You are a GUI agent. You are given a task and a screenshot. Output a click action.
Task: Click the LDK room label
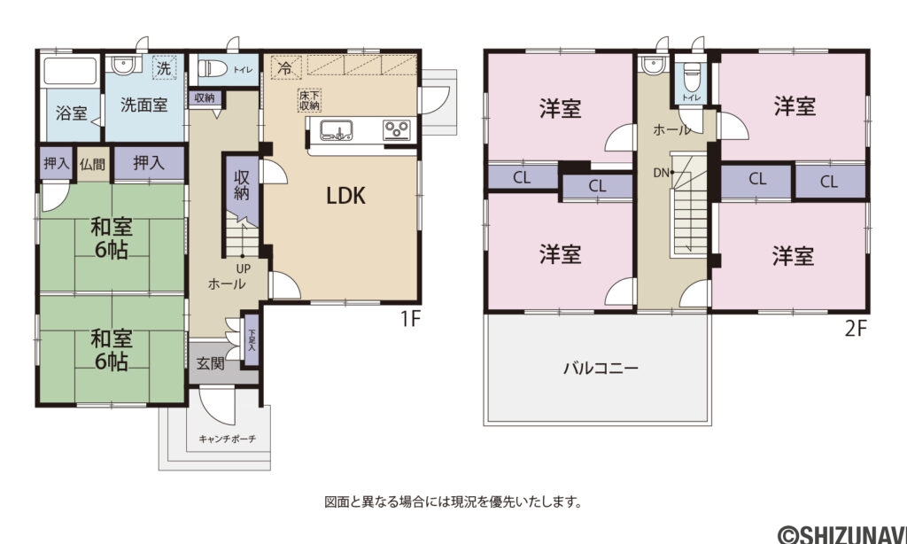tap(346, 197)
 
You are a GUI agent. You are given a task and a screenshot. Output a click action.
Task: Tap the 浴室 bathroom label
tap(72, 113)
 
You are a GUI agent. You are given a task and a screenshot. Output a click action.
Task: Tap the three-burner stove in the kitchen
tap(396, 130)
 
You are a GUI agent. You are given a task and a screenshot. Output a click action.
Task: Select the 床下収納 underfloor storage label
tap(309, 99)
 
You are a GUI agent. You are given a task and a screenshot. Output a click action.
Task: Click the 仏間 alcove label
tap(92, 163)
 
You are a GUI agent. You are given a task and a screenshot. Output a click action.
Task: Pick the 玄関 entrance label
tap(210, 363)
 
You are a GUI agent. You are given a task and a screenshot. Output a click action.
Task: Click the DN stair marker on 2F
tap(660, 173)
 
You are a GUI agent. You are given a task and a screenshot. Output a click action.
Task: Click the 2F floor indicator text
tap(855, 329)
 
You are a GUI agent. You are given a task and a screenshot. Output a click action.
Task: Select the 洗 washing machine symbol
tap(164, 67)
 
